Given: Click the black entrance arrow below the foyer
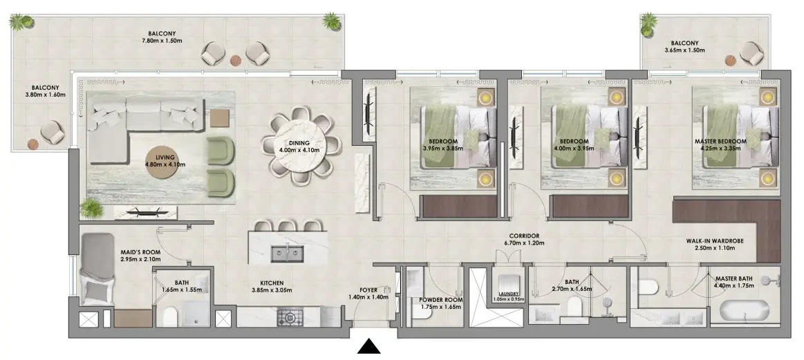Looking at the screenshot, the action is (x=368, y=347).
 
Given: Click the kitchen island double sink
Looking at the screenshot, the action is (x=287, y=254).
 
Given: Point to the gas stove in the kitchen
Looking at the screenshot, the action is (x=290, y=317).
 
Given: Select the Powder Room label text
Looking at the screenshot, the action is (x=440, y=300).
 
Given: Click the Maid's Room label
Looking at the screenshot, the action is (x=140, y=252).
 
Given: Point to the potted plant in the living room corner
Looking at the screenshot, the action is (x=92, y=208).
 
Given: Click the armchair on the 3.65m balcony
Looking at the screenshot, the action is (x=751, y=53).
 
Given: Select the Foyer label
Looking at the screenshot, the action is (x=368, y=290).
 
